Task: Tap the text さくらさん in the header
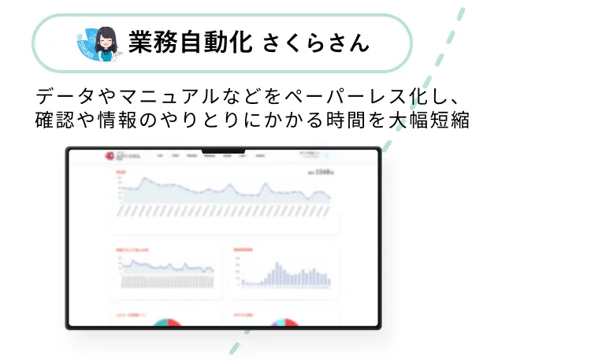315,43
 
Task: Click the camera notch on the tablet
223,150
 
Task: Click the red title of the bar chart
243,251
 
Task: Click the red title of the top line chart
121,171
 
